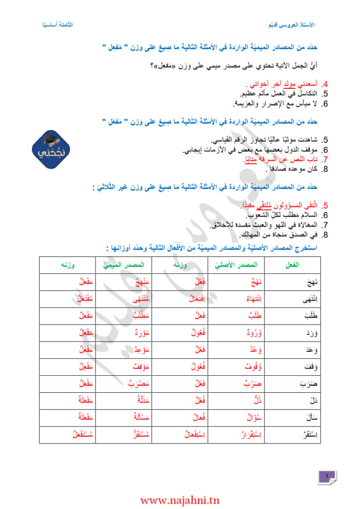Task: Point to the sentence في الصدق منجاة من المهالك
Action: coord(278,235)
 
